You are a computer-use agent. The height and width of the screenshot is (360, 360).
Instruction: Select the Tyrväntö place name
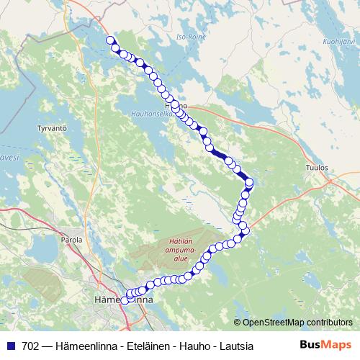(51, 128)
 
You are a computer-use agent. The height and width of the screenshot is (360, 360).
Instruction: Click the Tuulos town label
(317, 167)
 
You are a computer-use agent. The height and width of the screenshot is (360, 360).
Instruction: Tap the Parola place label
(72, 240)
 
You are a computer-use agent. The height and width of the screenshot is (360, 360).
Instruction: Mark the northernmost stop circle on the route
(110, 40)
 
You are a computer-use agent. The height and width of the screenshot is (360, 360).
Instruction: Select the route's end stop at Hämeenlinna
(125, 300)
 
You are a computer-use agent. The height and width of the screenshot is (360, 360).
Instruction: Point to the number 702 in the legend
(30, 346)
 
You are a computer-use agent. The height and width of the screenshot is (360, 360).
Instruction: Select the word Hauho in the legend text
(194, 346)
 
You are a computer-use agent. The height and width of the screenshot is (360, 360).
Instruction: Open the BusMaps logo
(325, 345)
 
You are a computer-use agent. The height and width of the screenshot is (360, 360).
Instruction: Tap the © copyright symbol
(238, 323)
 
